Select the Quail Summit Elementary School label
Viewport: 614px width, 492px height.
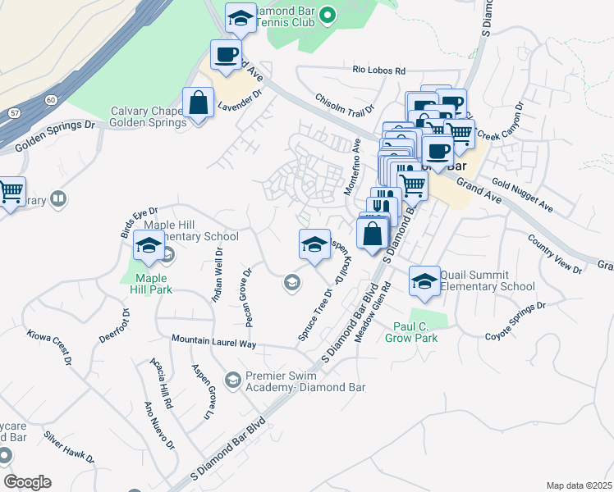pyautogui.click(x=487, y=280)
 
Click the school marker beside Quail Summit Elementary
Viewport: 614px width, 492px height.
pyautogui.click(x=424, y=281)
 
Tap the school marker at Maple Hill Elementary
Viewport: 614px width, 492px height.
pyautogui.click(x=149, y=245)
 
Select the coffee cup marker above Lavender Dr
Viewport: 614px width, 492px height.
pyautogui.click(x=226, y=55)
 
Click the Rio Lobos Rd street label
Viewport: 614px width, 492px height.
pyautogui.click(x=380, y=71)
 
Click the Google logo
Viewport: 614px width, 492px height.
pyautogui.click(x=27, y=482)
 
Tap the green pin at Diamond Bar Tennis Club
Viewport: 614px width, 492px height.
pyautogui.click(x=327, y=15)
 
